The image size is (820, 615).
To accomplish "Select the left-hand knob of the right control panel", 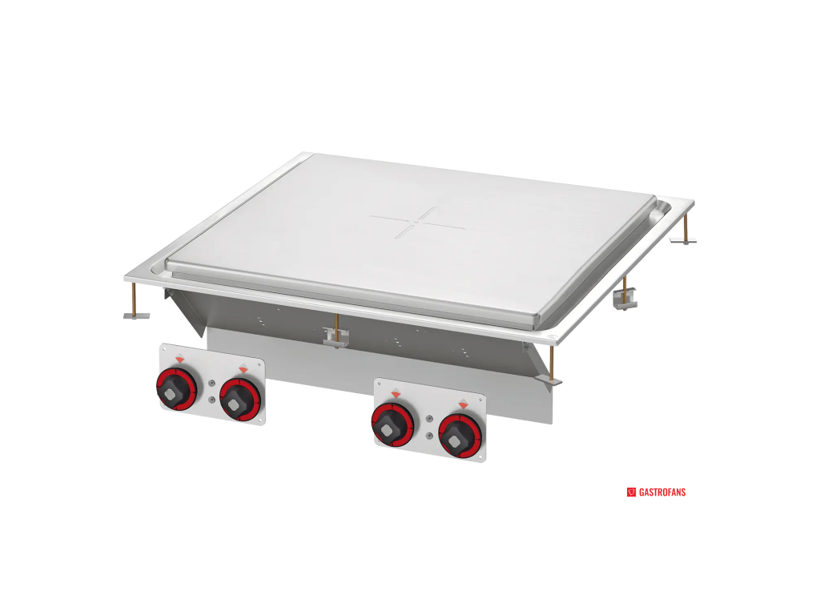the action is (392, 424).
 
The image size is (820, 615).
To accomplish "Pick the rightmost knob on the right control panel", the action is (460, 436).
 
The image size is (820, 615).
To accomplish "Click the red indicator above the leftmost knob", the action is (179, 360).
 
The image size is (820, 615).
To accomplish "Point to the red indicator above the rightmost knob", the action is (463, 404).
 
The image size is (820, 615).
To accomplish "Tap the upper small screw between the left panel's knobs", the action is (211, 383).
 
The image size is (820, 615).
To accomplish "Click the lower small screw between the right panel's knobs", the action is (429, 435).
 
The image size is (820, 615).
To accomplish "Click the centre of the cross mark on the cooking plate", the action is (416, 223).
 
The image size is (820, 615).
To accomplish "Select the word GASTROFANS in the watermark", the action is (662, 492).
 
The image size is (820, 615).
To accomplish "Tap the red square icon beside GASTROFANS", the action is (631, 492).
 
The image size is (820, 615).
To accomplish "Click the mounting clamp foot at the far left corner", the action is (136, 316).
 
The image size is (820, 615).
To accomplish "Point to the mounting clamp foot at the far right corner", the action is (683, 240).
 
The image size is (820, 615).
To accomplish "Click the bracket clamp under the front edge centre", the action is (335, 336).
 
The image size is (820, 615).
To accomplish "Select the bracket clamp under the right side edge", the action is (625, 299).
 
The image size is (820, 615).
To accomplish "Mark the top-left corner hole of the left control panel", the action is (165, 349).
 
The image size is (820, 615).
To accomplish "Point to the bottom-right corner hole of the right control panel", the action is (480, 457).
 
